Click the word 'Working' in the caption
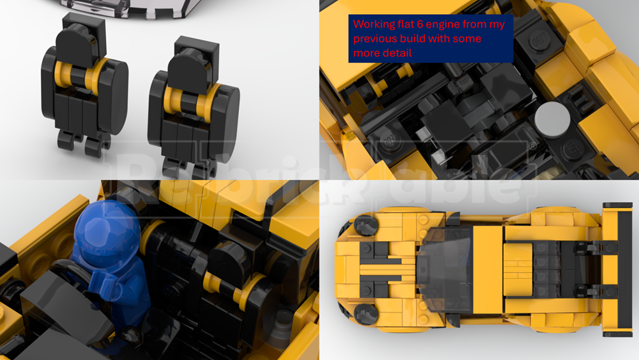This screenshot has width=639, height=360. [x=372, y=24]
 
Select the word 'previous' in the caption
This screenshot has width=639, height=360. [x=376, y=39]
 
